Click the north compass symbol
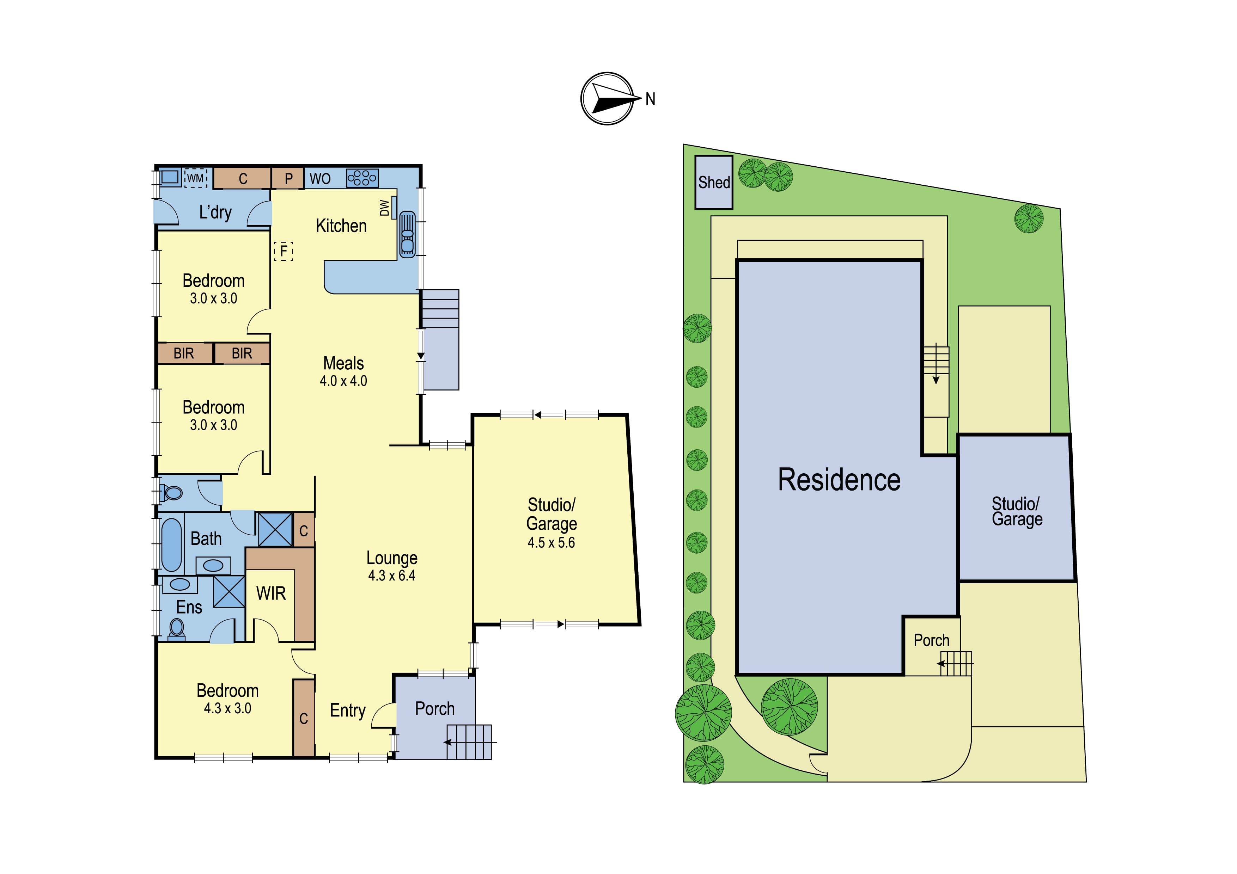pos(608,99)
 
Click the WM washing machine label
pos(196,178)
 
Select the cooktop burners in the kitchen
pos(362,178)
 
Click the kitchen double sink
pos(407,234)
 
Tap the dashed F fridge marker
pos(284,251)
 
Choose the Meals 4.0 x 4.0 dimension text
pos(343,381)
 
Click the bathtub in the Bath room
pos(172,544)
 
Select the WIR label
pos(271,593)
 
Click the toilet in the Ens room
pos(177,629)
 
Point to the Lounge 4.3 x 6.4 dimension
pos(392,576)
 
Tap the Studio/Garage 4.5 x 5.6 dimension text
pos(551,542)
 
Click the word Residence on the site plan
pos(839,480)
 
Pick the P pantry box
pos(288,178)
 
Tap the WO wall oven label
pos(320,179)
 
